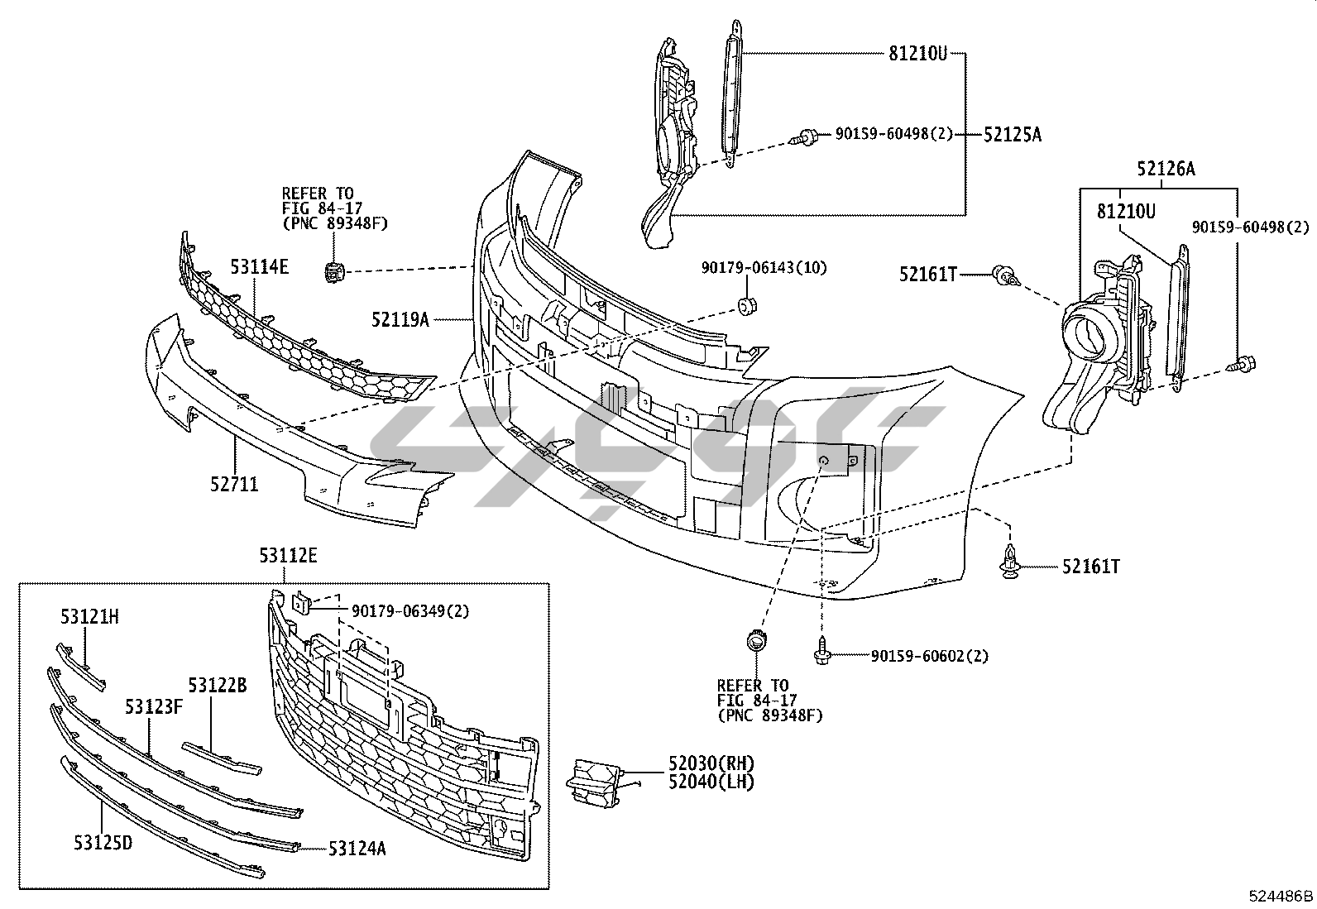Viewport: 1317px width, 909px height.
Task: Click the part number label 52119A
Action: (400, 318)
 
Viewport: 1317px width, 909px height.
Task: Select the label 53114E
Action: (260, 266)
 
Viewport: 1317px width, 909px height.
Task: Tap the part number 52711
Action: (233, 483)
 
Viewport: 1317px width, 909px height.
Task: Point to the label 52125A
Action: (1013, 134)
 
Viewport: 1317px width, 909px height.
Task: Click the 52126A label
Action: (1166, 170)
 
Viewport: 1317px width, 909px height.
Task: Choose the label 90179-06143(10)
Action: (764, 267)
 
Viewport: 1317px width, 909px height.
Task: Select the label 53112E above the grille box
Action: (288, 555)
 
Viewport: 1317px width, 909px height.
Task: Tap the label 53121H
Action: (89, 616)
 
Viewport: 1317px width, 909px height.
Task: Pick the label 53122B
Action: (217, 686)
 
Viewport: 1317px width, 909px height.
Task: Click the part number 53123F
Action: (154, 707)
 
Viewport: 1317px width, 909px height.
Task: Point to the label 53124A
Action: (357, 848)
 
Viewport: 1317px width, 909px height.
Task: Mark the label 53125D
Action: (102, 843)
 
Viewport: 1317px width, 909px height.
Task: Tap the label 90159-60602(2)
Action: (929, 656)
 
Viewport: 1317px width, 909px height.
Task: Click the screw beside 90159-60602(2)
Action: (823, 653)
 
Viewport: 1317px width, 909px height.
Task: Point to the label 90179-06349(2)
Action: (410, 611)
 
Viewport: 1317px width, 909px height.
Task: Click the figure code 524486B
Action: (1281, 896)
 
